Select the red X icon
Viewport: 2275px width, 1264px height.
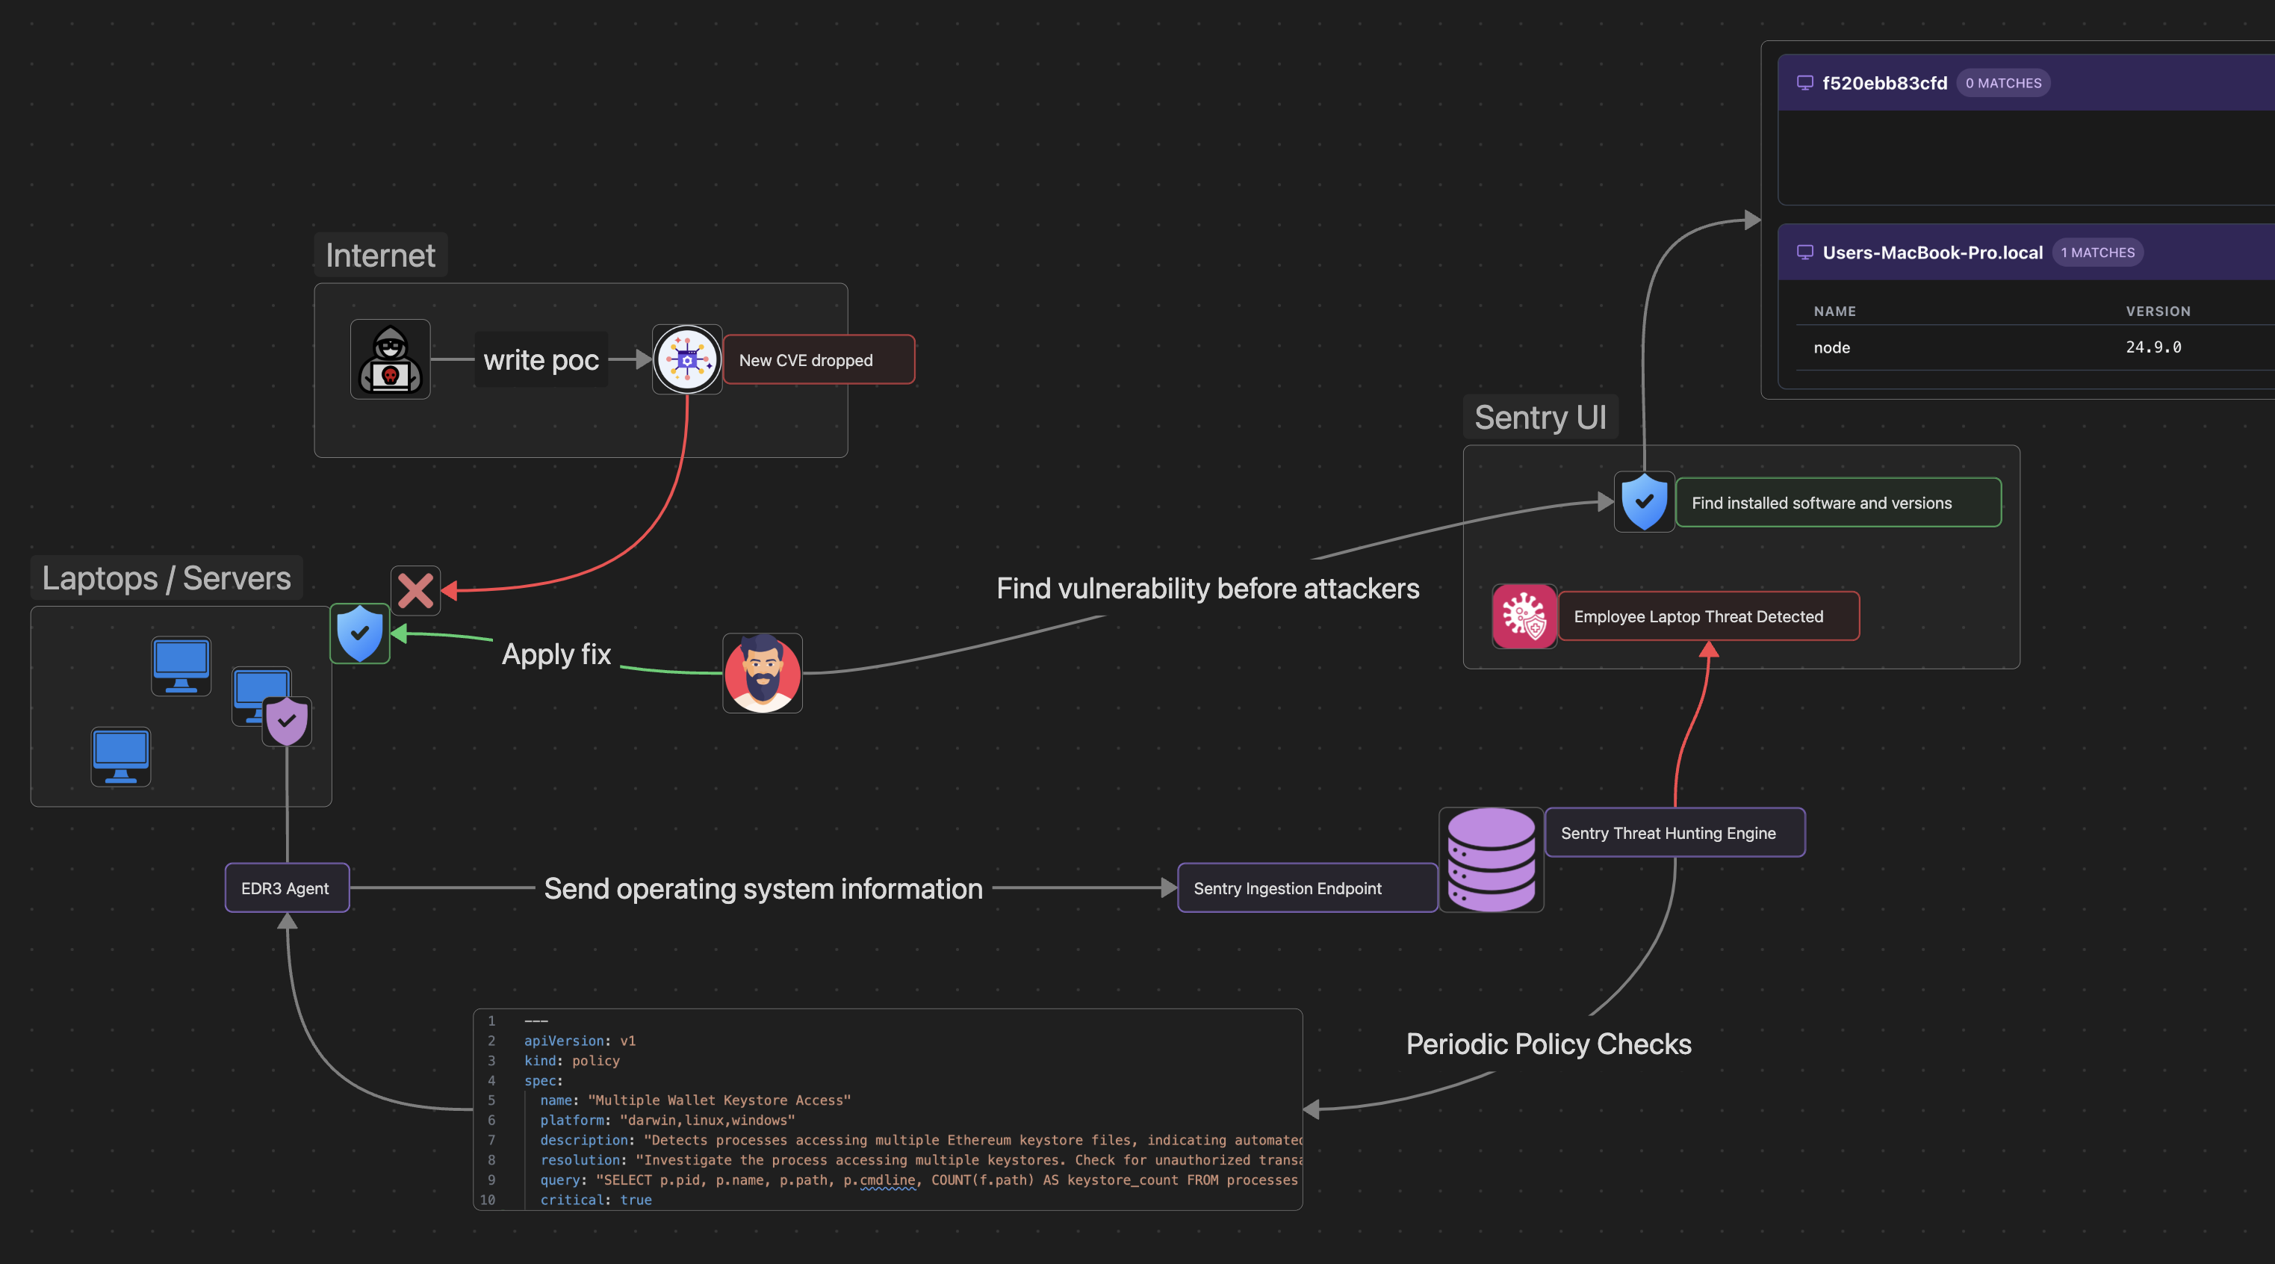pos(415,591)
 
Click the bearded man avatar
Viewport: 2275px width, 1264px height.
pos(762,673)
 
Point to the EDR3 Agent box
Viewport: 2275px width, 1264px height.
pos(286,887)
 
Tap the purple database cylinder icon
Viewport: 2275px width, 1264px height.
pos(1491,859)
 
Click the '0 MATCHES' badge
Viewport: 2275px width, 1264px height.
pos(2003,83)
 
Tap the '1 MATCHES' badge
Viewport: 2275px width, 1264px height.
pos(2096,253)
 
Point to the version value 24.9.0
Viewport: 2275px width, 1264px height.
pos(2153,347)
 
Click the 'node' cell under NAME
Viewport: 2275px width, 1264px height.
pos(1831,348)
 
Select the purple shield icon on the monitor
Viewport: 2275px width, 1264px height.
pos(286,722)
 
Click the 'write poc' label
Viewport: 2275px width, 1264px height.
pos(541,360)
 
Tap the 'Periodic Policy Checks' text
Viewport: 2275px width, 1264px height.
pos(1548,1044)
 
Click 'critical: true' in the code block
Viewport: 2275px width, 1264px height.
pos(595,1200)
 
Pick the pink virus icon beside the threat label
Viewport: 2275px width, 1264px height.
pos(1524,616)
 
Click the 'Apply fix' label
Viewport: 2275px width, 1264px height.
pos(556,654)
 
